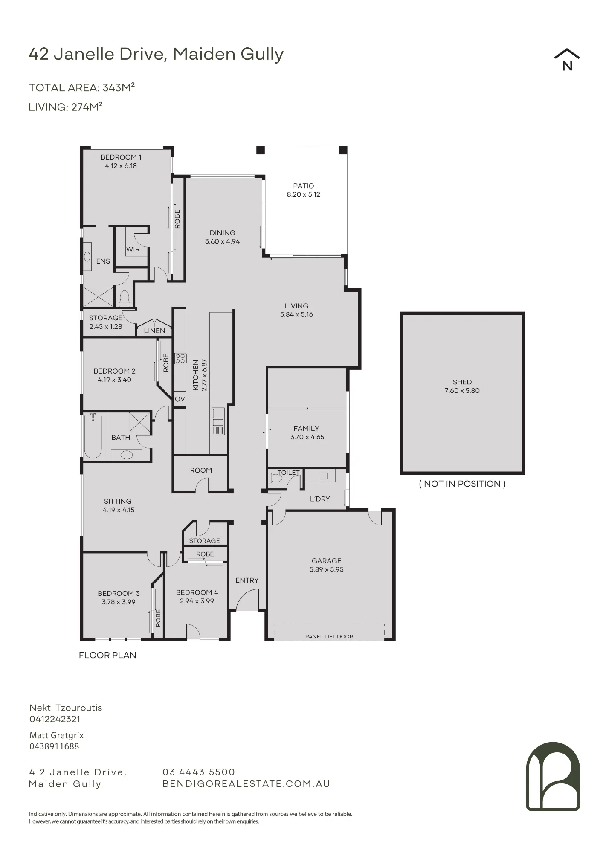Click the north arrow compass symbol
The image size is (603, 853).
point(567,59)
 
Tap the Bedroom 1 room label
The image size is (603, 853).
point(121,157)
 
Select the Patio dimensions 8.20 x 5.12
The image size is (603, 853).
point(304,194)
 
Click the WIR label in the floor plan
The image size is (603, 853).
point(133,249)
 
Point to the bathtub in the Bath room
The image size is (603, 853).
point(93,436)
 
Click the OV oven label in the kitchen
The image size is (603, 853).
point(180,399)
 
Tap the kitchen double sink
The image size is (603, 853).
point(218,421)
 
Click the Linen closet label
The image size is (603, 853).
point(154,331)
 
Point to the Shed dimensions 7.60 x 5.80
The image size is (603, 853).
point(462,391)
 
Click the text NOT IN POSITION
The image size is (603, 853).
point(462,484)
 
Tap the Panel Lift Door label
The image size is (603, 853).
point(329,637)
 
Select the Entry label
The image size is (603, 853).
point(247,580)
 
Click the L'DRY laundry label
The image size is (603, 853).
point(320,499)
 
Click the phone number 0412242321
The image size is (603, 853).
point(55,719)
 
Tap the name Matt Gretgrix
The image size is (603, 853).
point(57,735)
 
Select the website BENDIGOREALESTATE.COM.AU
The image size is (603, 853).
point(246,783)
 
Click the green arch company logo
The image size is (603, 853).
point(553,776)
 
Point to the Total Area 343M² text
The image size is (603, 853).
point(82,87)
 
